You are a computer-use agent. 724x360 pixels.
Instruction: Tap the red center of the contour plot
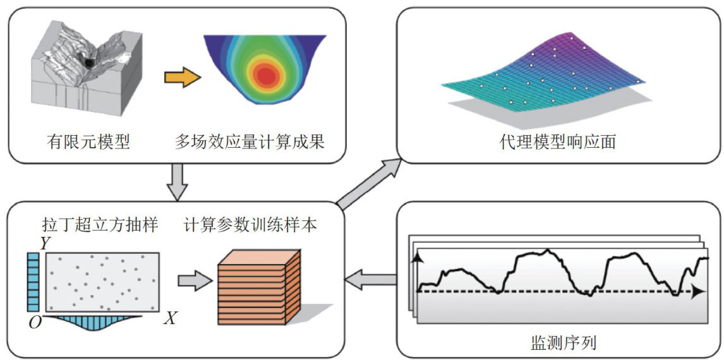tap(268, 76)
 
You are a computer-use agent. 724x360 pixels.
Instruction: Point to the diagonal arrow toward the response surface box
tap(370, 183)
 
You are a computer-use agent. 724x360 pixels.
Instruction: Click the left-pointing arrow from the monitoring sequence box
tap(370, 277)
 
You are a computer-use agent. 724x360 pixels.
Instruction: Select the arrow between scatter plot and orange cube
tap(193, 280)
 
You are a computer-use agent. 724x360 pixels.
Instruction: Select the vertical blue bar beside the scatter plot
tap(33, 282)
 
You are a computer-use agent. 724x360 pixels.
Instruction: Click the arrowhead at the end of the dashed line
tap(696, 292)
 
